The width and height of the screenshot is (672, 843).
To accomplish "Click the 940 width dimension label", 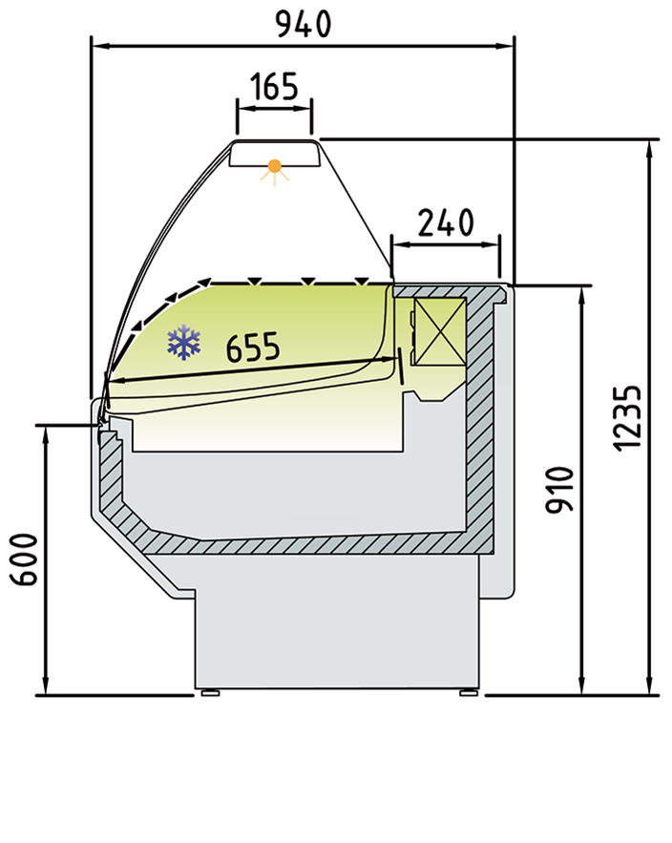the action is pyautogui.click(x=304, y=25).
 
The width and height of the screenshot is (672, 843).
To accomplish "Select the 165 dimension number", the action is pyautogui.click(x=274, y=86).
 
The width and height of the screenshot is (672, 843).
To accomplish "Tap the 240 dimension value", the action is pyautogui.click(x=446, y=222).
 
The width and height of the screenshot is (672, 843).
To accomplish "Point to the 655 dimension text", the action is pyautogui.click(x=253, y=347).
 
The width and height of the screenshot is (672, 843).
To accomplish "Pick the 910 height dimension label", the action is pyautogui.click(x=560, y=490).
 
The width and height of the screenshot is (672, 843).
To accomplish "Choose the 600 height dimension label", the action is pyautogui.click(x=25, y=559).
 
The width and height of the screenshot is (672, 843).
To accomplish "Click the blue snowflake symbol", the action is pyautogui.click(x=184, y=342).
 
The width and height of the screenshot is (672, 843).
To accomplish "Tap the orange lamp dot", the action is pyautogui.click(x=275, y=166).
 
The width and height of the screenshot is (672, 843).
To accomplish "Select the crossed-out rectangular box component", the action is pyautogui.click(x=440, y=332).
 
